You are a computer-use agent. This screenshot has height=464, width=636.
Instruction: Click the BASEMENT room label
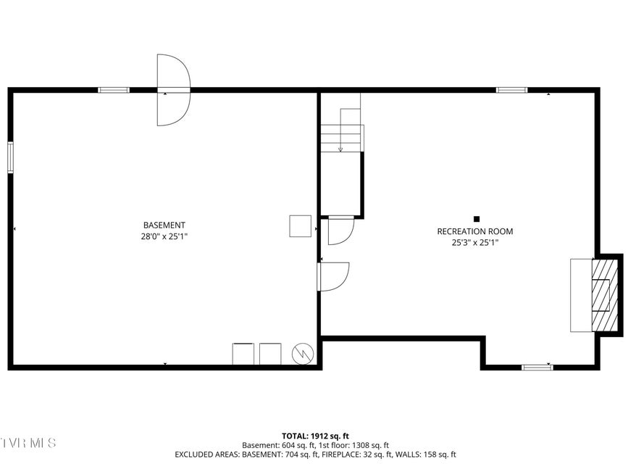pos(164,225)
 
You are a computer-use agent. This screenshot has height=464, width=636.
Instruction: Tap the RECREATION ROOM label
pos(475,231)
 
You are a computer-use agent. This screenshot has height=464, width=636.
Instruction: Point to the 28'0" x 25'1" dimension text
pos(164,236)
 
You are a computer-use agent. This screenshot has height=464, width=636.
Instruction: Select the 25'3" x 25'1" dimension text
pos(475,243)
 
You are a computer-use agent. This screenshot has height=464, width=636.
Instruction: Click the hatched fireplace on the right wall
pos(605,295)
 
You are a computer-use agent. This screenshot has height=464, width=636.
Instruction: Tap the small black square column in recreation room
pos(477,219)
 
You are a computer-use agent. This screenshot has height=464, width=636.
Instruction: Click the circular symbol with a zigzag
pos(303,354)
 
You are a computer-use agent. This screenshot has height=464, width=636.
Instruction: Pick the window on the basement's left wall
pos(11,157)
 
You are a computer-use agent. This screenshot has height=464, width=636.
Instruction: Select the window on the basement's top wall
pos(114,90)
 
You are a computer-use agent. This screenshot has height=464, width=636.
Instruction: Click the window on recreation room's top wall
pos(512,90)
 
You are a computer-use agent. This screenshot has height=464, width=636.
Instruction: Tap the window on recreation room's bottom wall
pos(537,368)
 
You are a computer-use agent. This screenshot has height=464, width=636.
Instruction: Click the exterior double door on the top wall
pos(174,90)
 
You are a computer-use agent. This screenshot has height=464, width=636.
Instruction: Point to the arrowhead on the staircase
pos(340,149)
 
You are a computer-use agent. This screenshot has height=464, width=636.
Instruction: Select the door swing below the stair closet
pos(341,231)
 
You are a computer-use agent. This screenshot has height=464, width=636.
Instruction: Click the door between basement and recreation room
pos(333,277)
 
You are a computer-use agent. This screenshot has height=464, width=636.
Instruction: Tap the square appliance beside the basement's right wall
pos(300,226)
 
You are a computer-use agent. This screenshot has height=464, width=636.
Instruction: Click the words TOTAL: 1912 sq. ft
pos(315,436)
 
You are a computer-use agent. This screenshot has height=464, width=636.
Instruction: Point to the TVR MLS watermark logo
pos(28,442)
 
